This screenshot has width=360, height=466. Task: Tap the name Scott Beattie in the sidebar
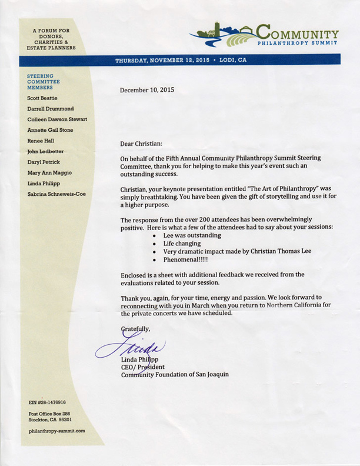42,98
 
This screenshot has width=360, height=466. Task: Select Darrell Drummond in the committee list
51,108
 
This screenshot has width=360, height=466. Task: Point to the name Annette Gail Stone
51,130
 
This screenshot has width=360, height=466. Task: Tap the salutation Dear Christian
141,144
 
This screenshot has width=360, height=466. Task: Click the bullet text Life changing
183,242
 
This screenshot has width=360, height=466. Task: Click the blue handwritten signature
131,348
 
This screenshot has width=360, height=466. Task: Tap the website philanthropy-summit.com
56,431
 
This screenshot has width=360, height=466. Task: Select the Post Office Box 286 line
54,414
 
